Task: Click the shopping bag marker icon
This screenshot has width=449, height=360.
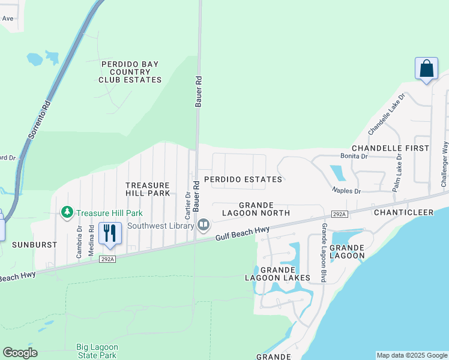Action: coord(426,68)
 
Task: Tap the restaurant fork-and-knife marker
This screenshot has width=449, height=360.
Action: coord(109,233)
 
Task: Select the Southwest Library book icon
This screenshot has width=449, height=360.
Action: coord(203,225)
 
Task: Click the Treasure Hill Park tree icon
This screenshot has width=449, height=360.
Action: coord(67,212)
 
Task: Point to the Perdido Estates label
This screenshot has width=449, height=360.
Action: coord(243,179)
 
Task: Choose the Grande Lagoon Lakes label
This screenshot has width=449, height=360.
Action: coord(277,274)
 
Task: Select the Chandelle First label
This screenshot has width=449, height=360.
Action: coord(390,148)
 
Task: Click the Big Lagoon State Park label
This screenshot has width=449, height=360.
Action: coord(97,352)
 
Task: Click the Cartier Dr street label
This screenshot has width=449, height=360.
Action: coord(188,206)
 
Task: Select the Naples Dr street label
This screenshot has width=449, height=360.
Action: coord(346,191)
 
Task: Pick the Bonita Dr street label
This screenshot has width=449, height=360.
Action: coord(354,156)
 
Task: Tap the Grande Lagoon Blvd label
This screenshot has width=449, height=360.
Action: coord(324,253)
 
